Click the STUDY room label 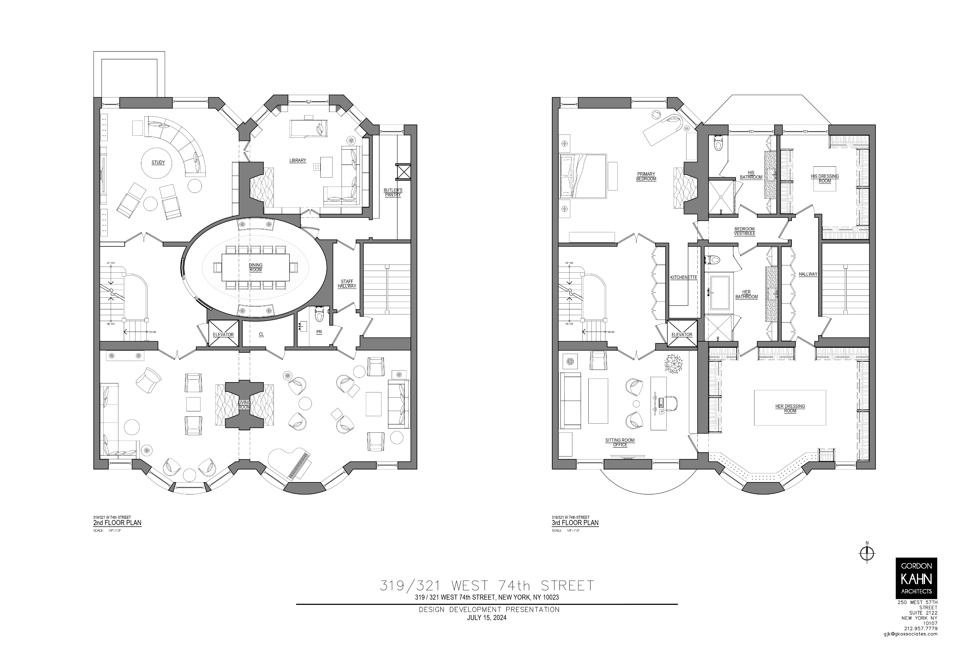[158, 162]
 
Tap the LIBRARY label [297, 160]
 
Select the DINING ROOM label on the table [256, 268]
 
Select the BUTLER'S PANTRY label [393, 192]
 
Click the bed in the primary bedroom [582, 175]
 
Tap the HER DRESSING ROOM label [790, 408]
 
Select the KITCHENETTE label [684, 277]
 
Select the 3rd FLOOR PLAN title [575, 523]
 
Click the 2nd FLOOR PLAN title [117, 523]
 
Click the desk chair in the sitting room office [670, 403]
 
